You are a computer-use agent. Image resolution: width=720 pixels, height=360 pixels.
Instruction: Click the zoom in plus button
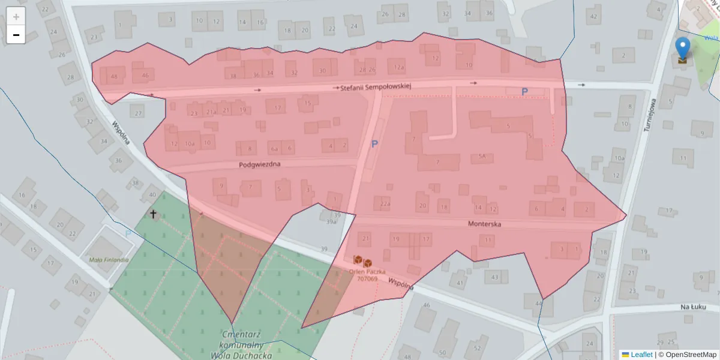pos(16,16)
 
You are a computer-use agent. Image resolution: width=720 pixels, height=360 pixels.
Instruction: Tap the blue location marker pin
pos(682,47)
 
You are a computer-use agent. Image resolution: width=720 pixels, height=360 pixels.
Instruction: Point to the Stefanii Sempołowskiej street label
pos(376,87)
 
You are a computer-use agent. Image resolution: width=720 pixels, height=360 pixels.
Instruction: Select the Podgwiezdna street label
pos(259,164)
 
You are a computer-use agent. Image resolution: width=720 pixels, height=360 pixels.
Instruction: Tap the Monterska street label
pos(484,224)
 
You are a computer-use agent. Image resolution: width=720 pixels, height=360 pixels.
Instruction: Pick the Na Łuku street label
pos(694,307)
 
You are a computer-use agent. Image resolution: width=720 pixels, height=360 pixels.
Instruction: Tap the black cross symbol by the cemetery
pos(153,214)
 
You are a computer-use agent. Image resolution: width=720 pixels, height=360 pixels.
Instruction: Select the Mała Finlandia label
pos(109,260)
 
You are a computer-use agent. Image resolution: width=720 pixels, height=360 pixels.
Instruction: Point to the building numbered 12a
pos(399,68)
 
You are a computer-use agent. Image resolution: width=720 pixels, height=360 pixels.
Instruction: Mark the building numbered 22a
pos(385,205)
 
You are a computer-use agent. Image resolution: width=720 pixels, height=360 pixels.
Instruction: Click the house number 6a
pos(275,148)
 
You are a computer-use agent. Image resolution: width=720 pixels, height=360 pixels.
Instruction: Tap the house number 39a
pos(331,221)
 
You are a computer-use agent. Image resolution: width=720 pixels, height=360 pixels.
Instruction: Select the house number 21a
pos(211,111)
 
